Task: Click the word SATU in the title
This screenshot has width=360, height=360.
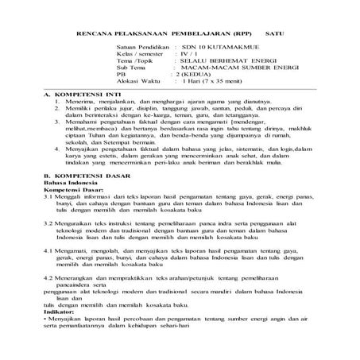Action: point(275,35)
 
